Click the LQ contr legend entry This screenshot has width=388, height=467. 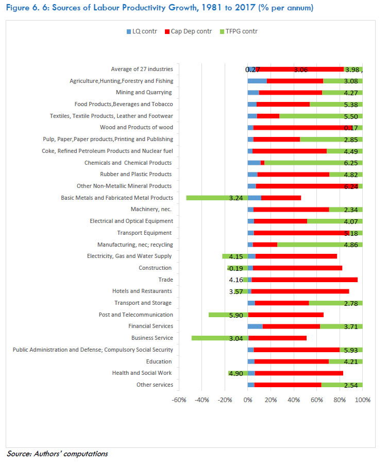[142, 32]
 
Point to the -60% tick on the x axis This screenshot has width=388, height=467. [179, 400]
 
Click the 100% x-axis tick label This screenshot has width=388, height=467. [363, 400]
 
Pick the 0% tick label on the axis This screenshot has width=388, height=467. [248, 400]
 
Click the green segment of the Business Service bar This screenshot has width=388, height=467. [220, 338]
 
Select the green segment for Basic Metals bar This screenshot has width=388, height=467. [216, 198]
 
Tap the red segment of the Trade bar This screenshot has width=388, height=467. [304, 280]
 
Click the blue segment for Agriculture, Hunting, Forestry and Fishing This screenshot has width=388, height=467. [257, 81]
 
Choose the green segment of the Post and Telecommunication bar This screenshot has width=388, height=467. [228, 315]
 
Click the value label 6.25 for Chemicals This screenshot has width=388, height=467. [352, 163]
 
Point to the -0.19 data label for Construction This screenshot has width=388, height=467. [235, 268]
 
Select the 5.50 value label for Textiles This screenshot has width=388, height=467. [352, 116]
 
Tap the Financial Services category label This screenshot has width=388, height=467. [150, 326]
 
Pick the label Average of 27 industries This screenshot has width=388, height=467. [142, 70]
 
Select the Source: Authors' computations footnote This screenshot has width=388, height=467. [57, 454]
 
